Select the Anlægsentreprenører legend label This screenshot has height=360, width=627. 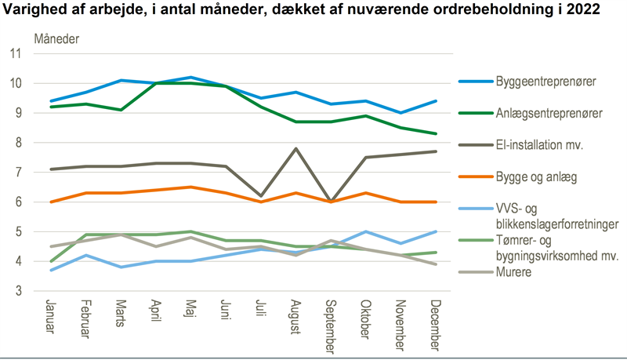tap(549, 113)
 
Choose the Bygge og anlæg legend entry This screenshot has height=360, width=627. tap(536, 177)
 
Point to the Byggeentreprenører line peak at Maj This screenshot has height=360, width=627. tap(190, 78)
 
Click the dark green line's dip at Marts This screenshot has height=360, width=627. tap(121, 110)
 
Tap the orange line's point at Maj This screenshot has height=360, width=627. tap(190, 187)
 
